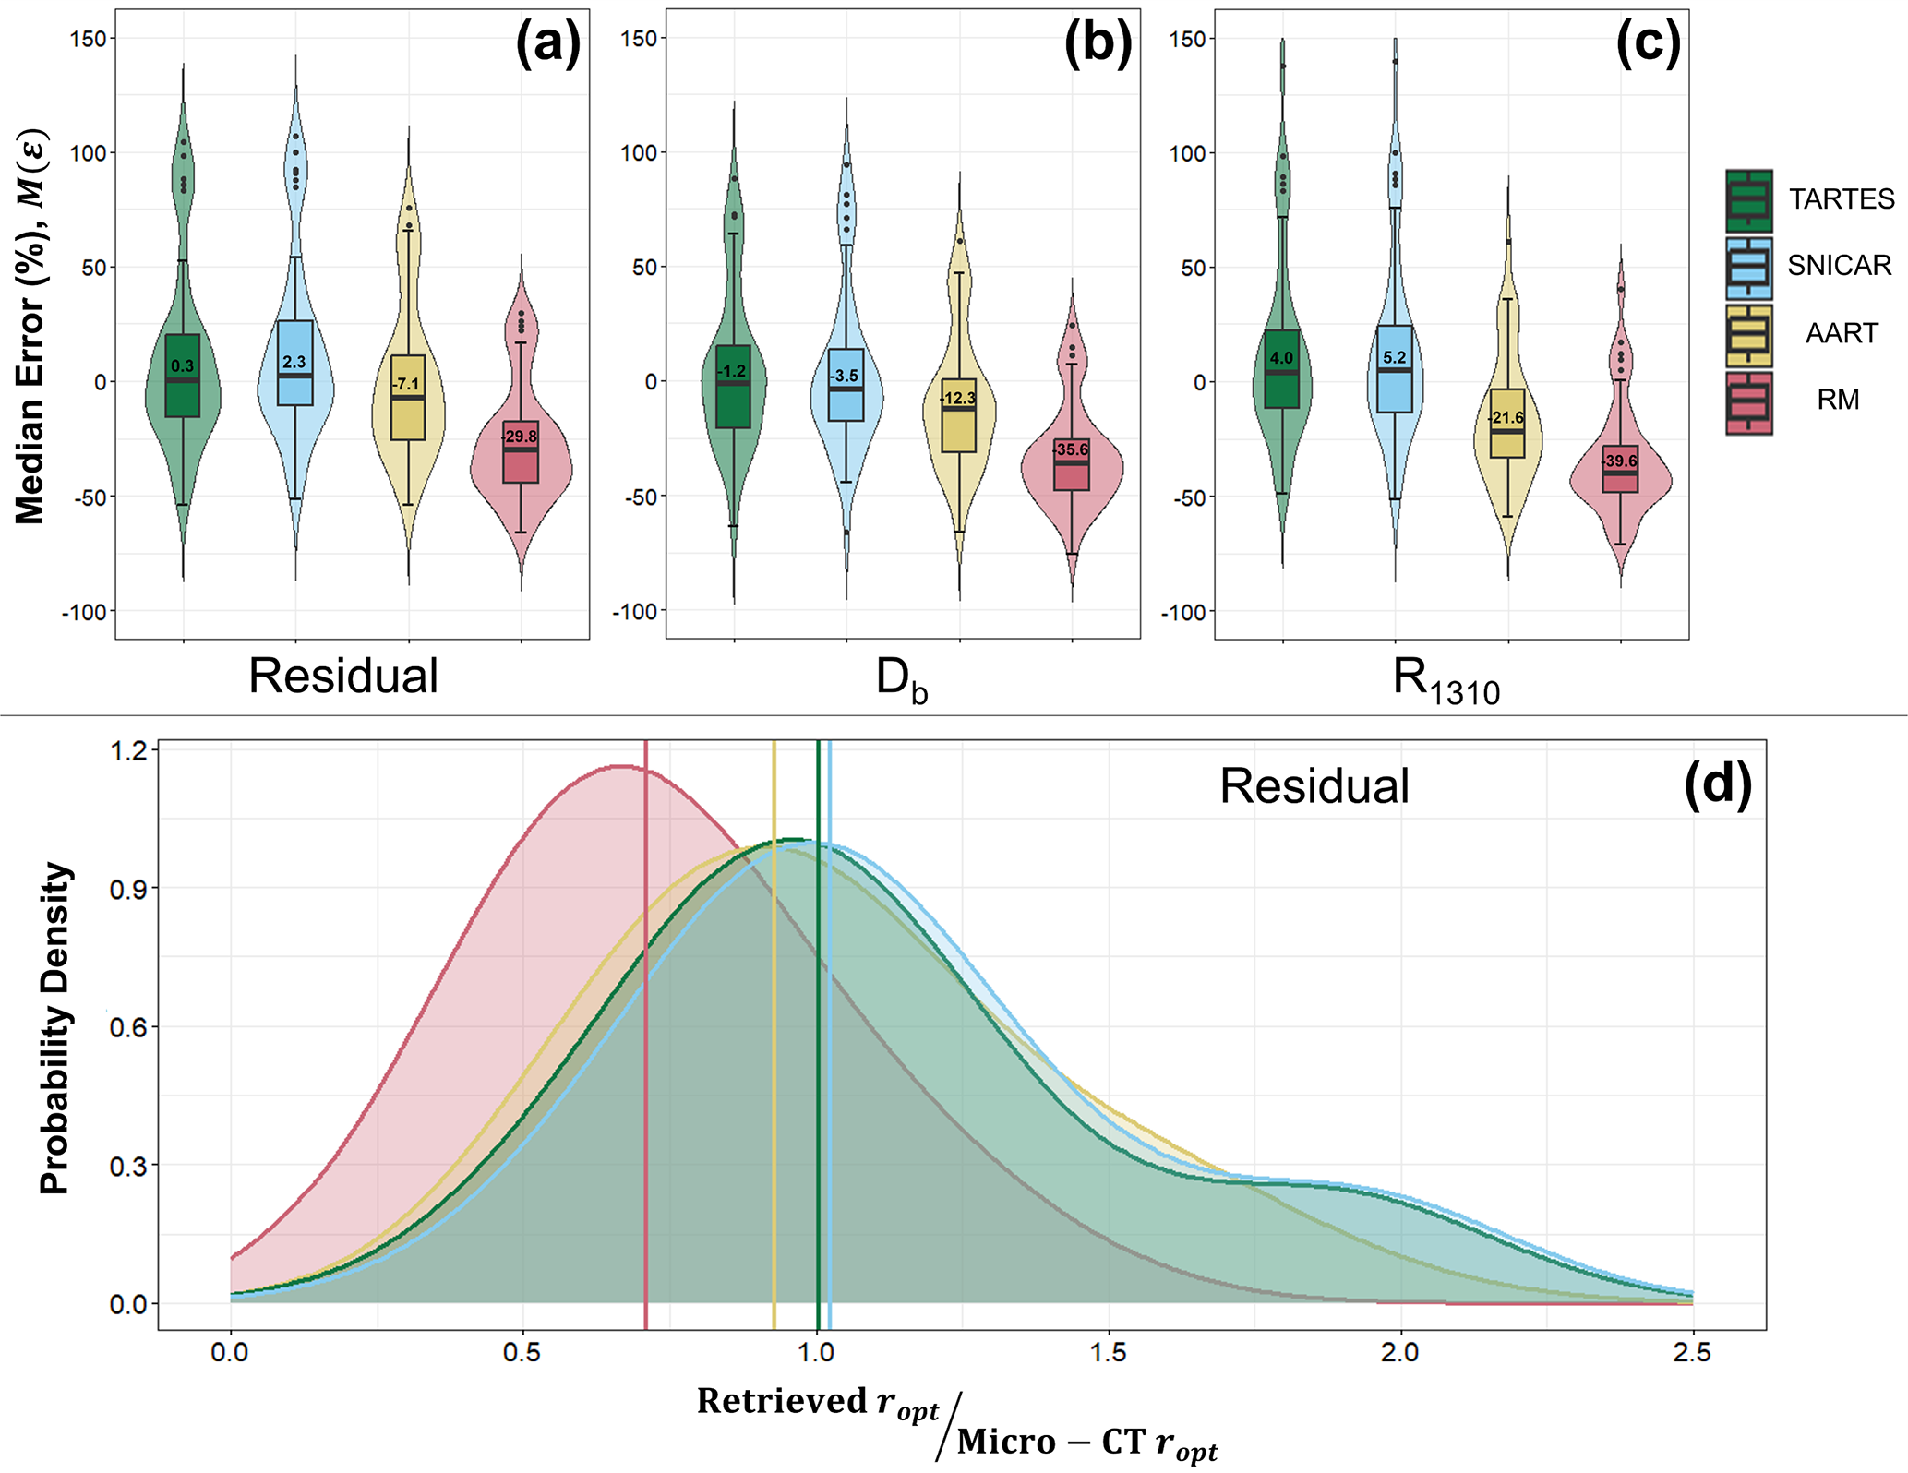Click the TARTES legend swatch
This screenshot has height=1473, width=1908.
[x=1748, y=200]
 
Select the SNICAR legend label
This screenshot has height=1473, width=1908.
[x=1839, y=266]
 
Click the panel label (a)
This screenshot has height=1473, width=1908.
[x=548, y=43]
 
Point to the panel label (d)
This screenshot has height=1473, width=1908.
[x=1717, y=786]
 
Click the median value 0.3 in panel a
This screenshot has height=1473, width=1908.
[x=183, y=366]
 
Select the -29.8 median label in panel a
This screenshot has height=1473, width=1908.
[x=520, y=437]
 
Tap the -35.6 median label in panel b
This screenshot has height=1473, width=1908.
[x=1072, y=450]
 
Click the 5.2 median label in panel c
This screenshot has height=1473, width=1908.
[x=1395, y=358]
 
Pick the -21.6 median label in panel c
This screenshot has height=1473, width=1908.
[x=1506, y=418]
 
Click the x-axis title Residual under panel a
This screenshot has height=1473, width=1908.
[x=343, y=676]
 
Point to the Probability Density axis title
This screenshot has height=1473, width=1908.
[x=54, y=1028]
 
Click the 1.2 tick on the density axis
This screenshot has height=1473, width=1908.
[x=128, y=750]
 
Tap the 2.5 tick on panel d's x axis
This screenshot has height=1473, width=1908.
[x=1692, y=1353]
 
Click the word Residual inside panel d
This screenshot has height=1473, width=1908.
[x=1314, y=786]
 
